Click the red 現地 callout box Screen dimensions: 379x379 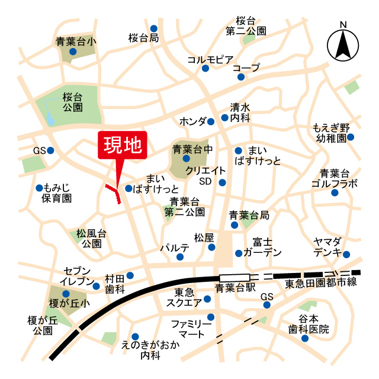[x=121, y=144]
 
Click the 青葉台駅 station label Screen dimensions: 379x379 [x=235, y=288]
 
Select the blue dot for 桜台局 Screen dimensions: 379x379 [x=153, y=28]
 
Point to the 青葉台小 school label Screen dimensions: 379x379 [x=76, y=41]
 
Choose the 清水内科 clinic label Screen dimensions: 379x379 [x=240, y=113]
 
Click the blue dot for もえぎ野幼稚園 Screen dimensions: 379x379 [x=350, y=137]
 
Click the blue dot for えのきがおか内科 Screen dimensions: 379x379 [x=135, y=336]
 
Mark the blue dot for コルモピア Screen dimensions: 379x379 [x=205, y=69]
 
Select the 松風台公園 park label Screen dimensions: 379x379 [x=91, y=238]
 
